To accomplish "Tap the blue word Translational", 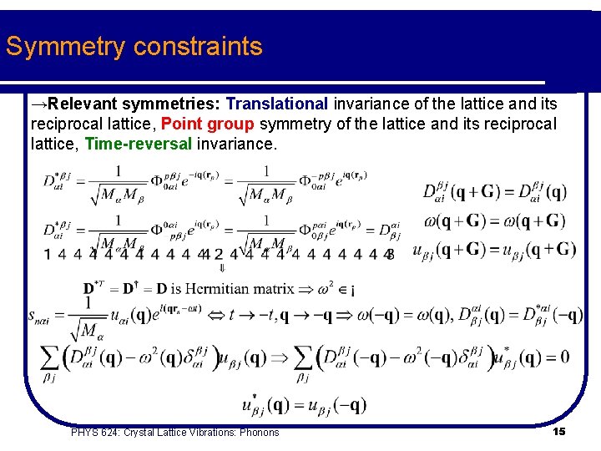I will click(277, 104).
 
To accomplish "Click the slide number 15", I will click(559, 431).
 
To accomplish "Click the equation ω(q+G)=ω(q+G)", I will click(494, 221).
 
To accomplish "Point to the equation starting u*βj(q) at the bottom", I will click(304, 404).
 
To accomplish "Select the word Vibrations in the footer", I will click(201, 432).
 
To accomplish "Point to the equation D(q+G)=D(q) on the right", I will click(494, 192).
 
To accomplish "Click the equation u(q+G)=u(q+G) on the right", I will click(494, 249).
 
